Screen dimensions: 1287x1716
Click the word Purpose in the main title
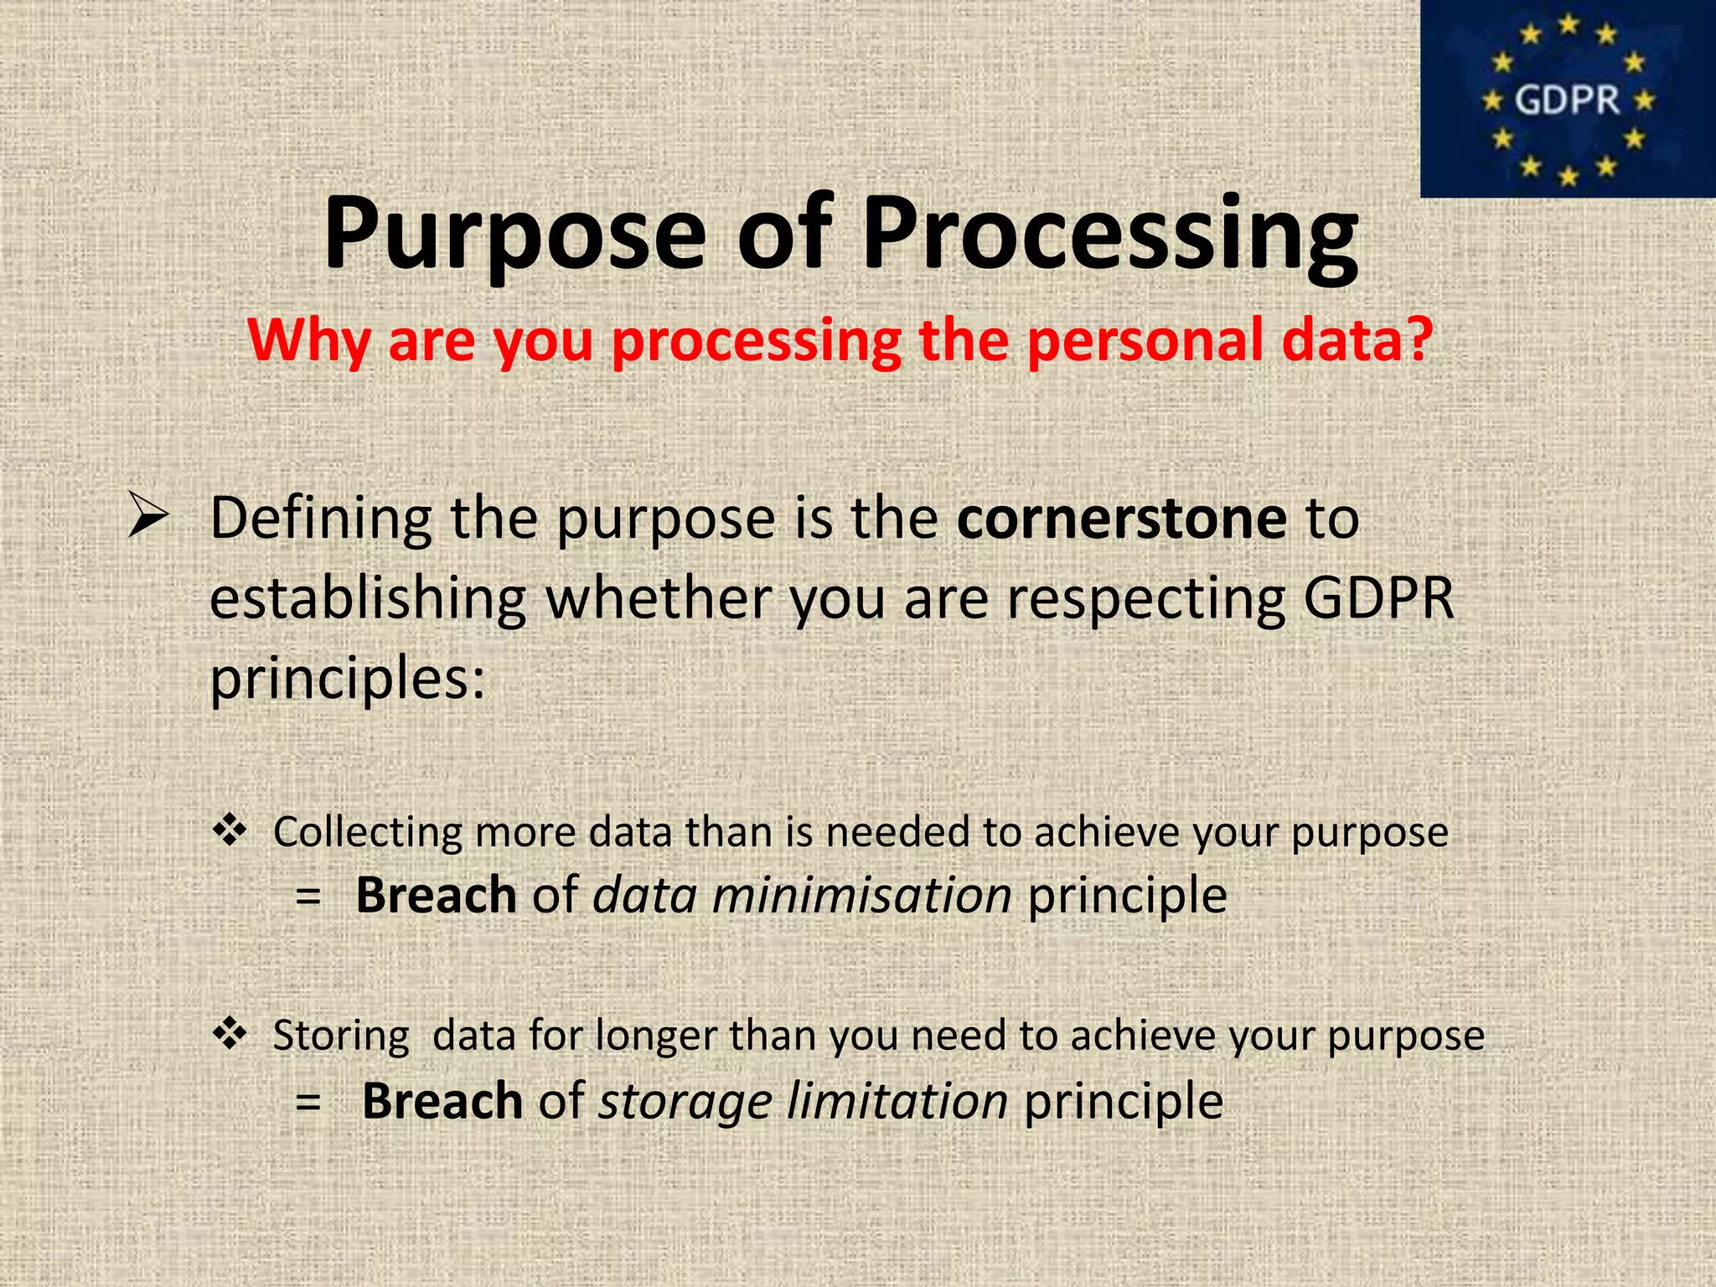(514, 235)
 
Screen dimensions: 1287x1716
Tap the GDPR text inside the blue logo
(1567, 101)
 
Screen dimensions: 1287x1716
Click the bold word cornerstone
(1121, 518)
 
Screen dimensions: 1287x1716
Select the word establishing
(367, 599)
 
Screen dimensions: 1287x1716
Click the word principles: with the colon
(347, 679)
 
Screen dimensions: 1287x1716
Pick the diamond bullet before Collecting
(230, 830)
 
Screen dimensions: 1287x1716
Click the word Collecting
(368, 833)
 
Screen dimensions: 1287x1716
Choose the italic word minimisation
(861, 895)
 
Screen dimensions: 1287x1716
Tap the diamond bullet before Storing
(230, 1034)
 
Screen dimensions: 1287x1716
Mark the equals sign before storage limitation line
(308, 1102)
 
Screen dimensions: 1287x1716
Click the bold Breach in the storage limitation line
(442, 1100)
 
